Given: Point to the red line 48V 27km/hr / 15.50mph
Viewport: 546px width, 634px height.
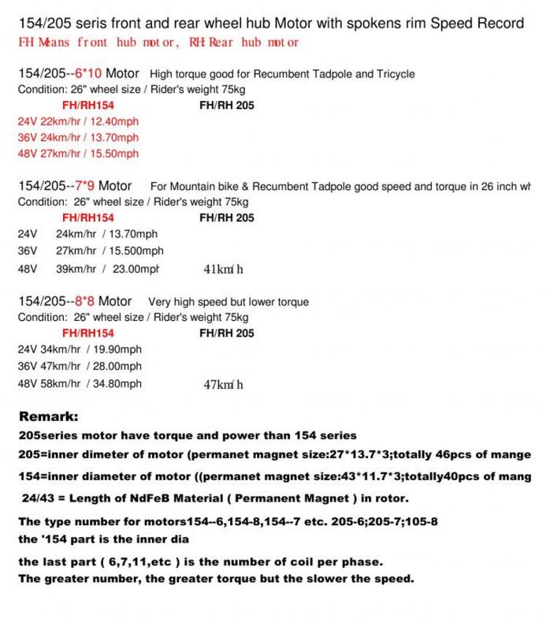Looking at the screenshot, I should [77, 153].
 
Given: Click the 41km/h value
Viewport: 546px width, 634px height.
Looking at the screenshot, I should [224, 270].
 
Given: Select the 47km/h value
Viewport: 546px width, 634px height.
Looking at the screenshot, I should [224, 385].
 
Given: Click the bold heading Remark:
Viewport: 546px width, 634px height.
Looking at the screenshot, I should [48, 416].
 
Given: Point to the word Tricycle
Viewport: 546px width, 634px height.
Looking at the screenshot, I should [394, 75].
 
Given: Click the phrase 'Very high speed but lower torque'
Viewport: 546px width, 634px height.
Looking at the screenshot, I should [228, 302].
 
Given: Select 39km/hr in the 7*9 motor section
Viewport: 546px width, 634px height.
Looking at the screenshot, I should [76, 269].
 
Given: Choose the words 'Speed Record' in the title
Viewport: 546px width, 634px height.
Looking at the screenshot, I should [481, 24].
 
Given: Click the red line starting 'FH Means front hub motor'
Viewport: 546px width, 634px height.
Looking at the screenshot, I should [158, 42].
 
